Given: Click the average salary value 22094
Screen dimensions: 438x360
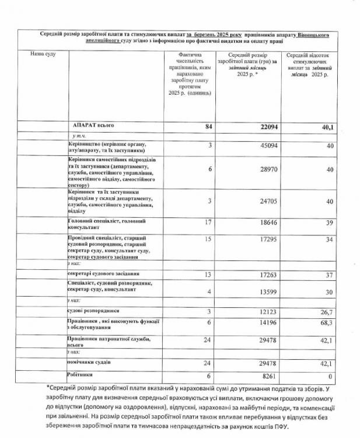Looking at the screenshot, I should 265,126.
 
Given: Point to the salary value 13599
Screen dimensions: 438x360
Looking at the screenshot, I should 266,291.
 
